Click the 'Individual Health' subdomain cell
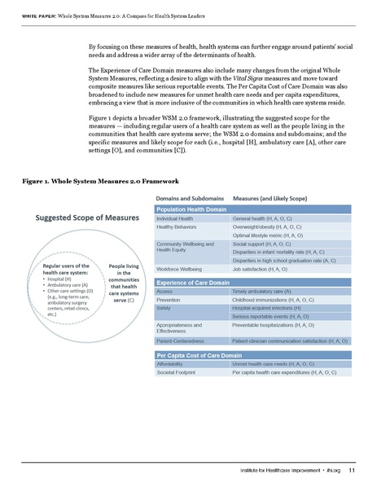(174, 219)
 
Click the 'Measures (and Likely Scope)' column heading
(270, 197)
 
